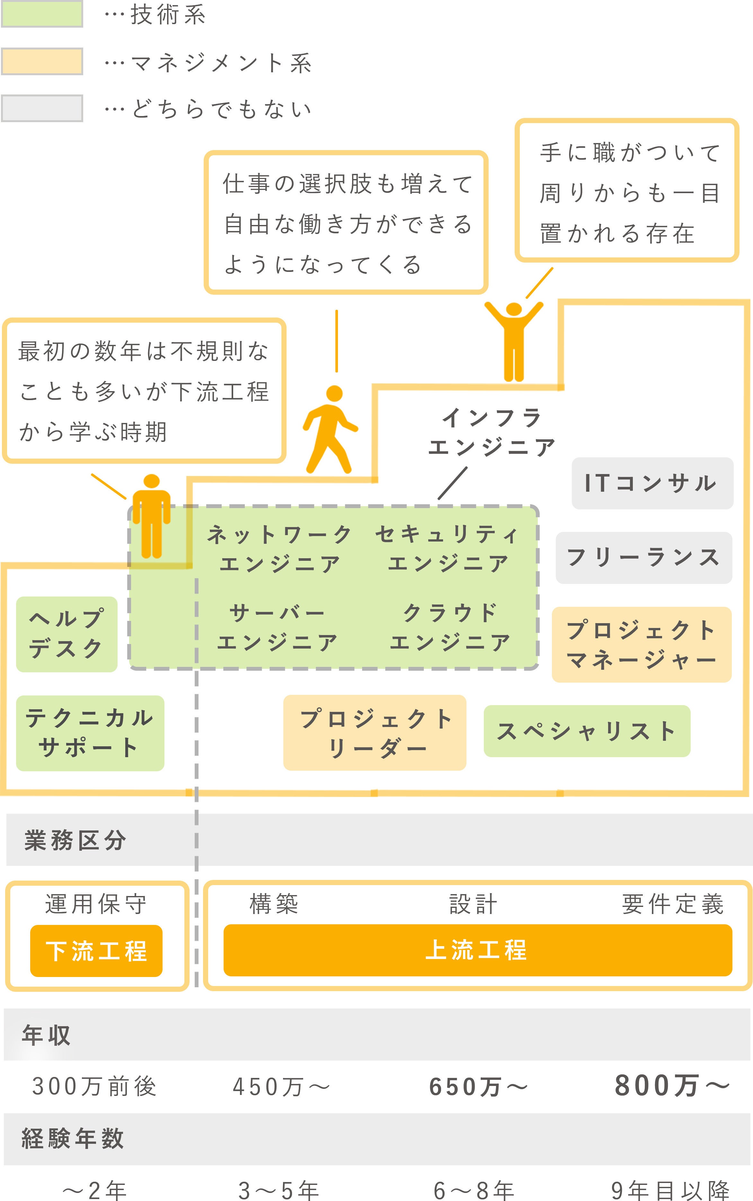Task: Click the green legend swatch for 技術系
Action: pyautogui.click(x=42, y=14)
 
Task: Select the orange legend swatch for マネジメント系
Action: pyautogui.click(x=42, y=61)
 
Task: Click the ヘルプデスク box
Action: pyautogui.click(x=67, y=634)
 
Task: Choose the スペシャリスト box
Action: pyautogui.click(x=587, y=731)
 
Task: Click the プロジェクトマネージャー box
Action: pyautogui.click(x=642, y=645)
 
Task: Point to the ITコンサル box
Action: pyautogui.click(x=652, y=483)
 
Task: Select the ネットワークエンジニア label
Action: pyautogui.click(x=280, y=549)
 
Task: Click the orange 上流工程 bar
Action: pyautogui.click(x=477, y=950)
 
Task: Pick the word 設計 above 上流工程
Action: pyautogui.click(x=473, y=904)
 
